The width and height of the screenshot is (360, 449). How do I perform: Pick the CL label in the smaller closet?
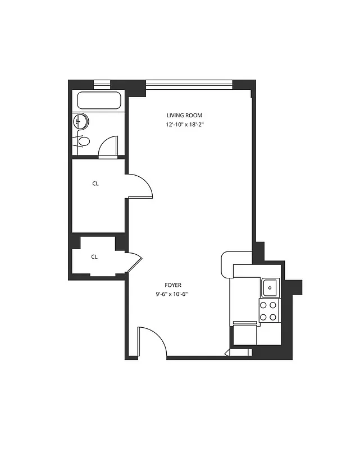94,257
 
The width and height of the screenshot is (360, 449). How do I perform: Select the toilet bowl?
84,141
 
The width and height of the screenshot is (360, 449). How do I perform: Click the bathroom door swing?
108,146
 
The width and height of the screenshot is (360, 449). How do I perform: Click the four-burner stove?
268,310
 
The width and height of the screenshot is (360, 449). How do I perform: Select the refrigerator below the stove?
245,333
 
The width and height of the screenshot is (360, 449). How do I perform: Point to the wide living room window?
189,85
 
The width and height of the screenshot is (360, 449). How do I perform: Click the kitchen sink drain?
270,287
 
